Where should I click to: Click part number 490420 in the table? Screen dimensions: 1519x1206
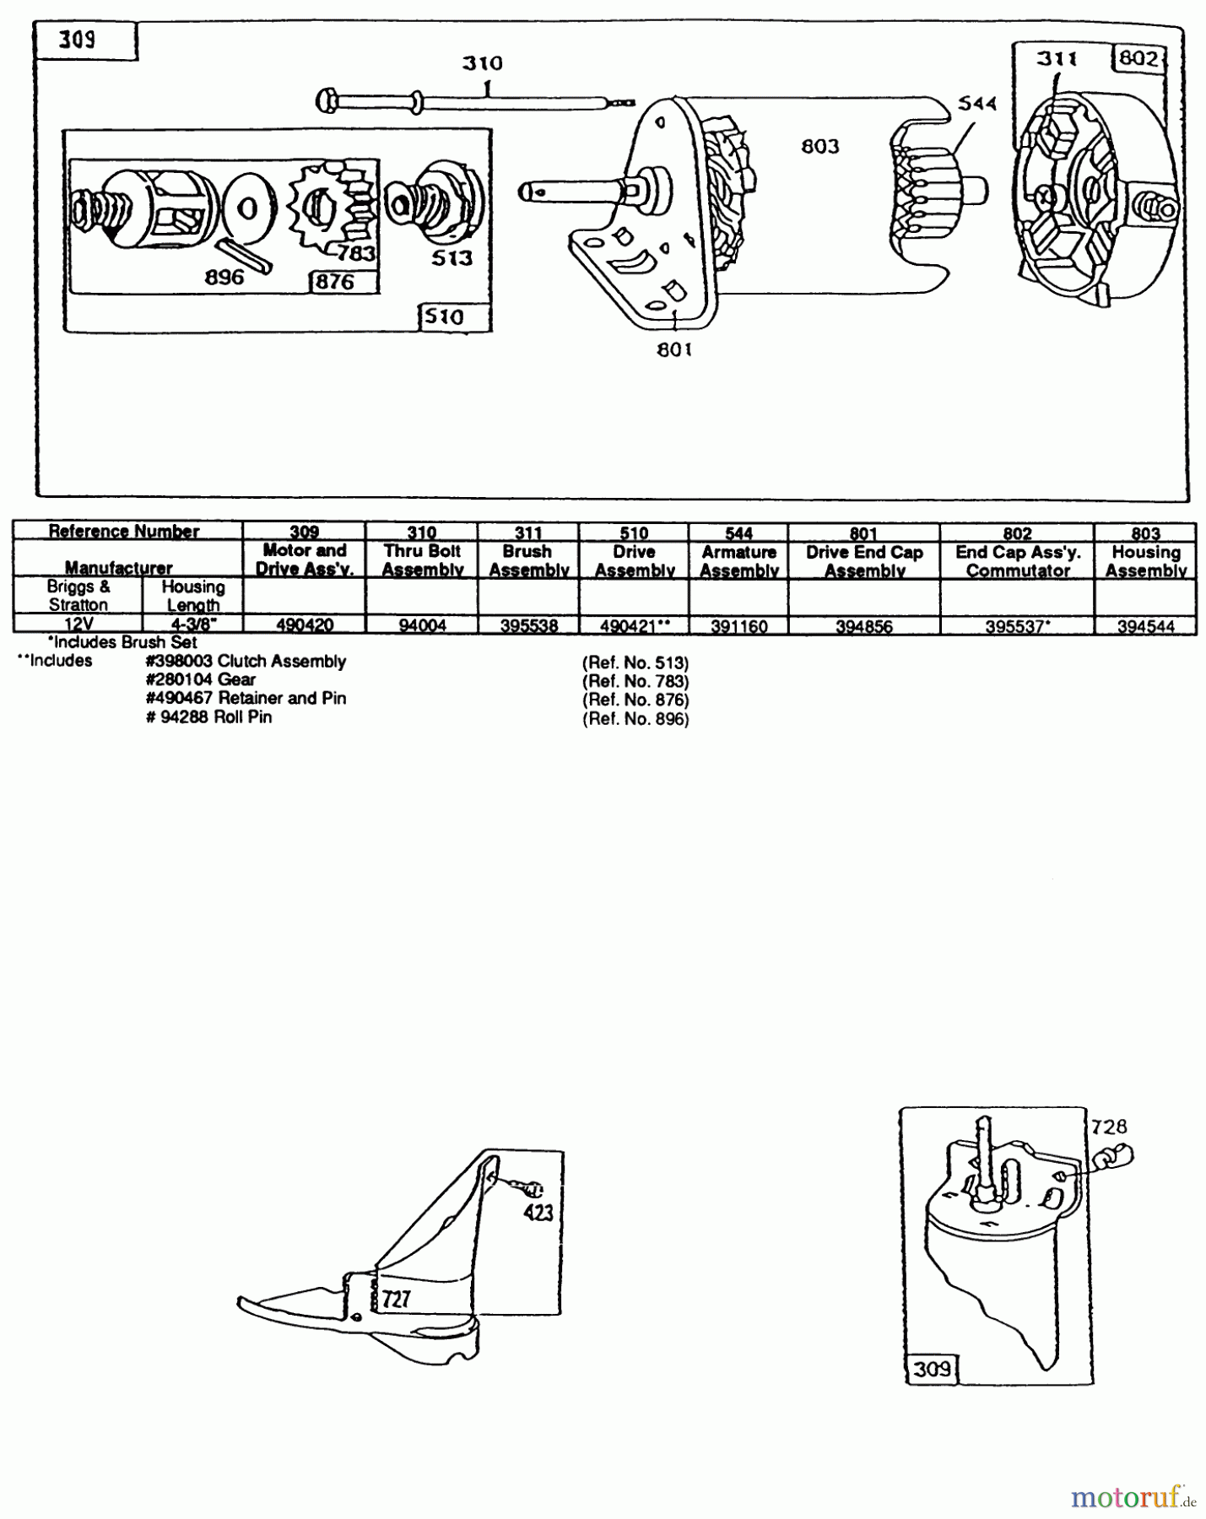pos(305,625)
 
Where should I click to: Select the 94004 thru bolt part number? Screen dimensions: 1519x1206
pos(422,625)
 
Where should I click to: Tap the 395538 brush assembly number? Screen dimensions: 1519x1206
pos(528,625)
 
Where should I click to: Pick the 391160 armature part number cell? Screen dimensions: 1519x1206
pos(738,626)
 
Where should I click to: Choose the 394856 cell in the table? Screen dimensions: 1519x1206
pos(864,626)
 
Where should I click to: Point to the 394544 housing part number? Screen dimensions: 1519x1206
pos(1145,626)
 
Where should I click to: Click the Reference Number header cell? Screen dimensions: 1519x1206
pos(124,532)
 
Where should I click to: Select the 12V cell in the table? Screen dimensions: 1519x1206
pos(78,624)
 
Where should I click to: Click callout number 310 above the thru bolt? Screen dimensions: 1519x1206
pos(482,63)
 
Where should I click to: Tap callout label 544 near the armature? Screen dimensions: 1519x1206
pos(977,103)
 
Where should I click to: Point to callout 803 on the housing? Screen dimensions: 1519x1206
pos(820,147)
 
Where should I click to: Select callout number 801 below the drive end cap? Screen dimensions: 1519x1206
pos(674,349)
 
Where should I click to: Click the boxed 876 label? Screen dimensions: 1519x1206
pos(335,282)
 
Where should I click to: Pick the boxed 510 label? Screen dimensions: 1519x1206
pos(444,317)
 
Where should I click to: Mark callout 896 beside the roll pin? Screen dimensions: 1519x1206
pos(224,278)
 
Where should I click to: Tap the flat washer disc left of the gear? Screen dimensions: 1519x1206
pos(247,208)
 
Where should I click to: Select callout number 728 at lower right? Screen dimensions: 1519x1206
pos(1108,1127)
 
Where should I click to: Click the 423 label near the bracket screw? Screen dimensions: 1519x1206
pos(538,1212)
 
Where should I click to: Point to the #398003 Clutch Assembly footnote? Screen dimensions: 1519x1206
pos(245,662)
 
